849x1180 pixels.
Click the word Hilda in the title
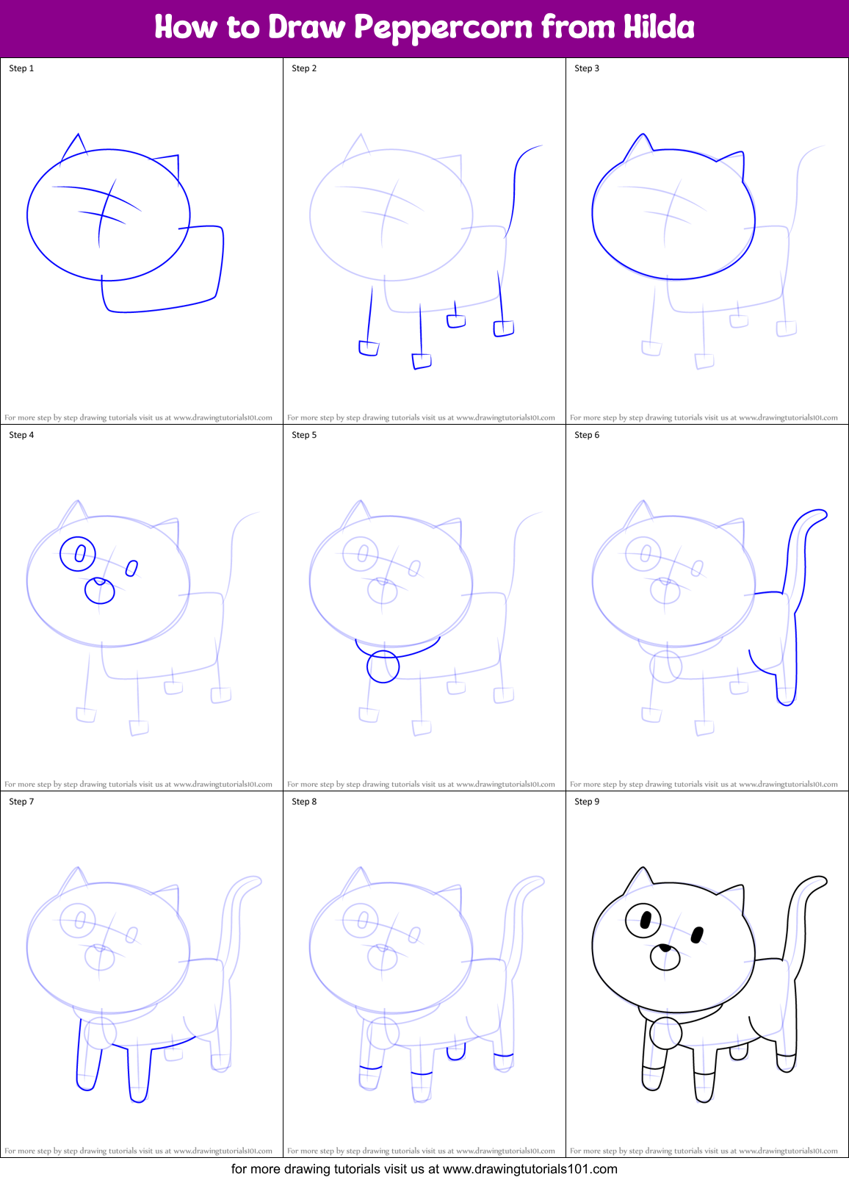pyautogui.click(x=659, y=28)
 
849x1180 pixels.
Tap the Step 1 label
pyautogui.click(x=21, y=68)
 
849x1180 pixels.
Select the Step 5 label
pyautogui.click(x=304, y=435)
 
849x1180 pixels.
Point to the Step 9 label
pyautogui.click(x=587, y=802)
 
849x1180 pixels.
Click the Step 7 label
pyautogui.click(x=21, y=802)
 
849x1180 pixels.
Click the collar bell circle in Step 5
pyautogui.click(x=383, y=667)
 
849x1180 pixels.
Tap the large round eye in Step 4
pyautogui.click(x=78, y=553)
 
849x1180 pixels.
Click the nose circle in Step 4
pyautogui.click(x=100, y=590)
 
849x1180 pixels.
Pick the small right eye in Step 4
pyautogui.click(x=132, y=568)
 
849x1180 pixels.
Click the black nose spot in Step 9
pyautogui.click(x=664, y=948)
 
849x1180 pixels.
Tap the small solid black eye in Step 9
pyautogui.click(x=698, y=935)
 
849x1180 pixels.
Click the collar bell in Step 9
pyautogui.click(x=666, y=1032)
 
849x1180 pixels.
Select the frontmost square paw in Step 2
pyautogui.click(x=422, y=361)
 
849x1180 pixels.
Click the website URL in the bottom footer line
pyautogui.click(x=530, y=1168)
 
